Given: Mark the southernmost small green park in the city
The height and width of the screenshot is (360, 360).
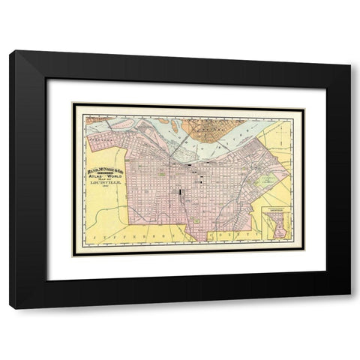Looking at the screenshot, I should pyautogui.click(x=196, y=220).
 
